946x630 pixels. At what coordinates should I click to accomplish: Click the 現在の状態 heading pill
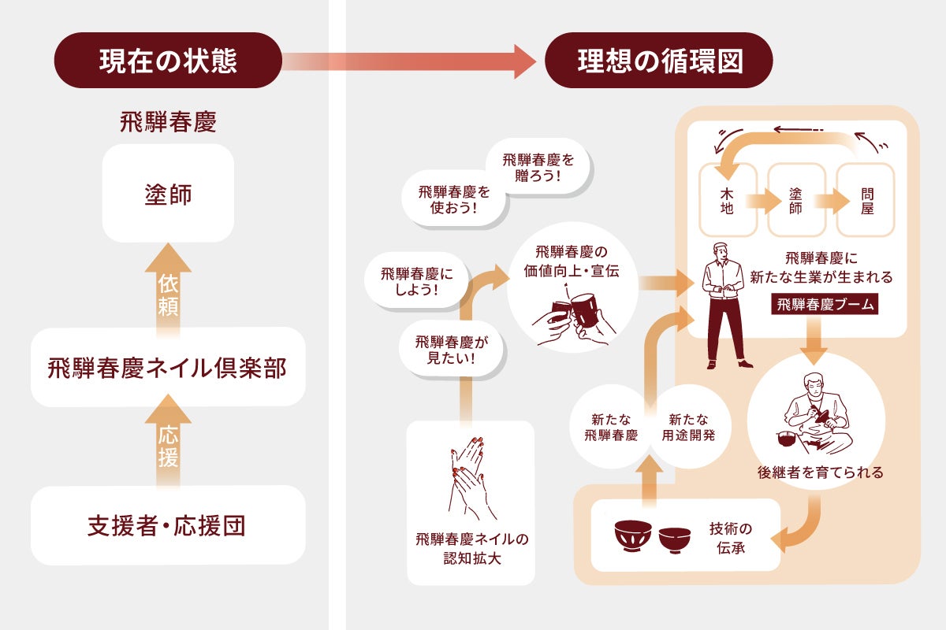168,61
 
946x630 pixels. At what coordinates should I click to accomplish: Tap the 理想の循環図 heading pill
658,61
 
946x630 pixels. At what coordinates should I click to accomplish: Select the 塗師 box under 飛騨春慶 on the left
168,194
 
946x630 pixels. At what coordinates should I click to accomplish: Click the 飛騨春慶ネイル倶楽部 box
168,368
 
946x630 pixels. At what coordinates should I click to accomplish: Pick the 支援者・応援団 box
168,525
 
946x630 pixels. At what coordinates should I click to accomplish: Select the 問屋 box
866,200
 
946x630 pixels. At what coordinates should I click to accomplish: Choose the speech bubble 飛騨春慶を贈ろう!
539,168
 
